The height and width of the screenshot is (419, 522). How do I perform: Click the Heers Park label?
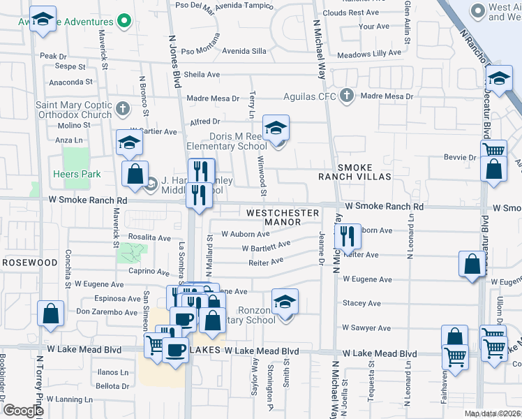[x=77, y=174]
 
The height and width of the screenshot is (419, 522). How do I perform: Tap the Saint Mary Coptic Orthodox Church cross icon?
[x=123, y=108]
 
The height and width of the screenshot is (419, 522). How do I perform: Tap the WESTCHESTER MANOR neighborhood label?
[x=282, y=217]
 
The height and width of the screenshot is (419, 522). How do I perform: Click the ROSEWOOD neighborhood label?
[x=29, y=263]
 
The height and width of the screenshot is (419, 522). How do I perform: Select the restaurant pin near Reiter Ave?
[x=348, y=237]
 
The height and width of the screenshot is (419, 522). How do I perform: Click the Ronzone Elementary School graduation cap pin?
[x=285, y=302]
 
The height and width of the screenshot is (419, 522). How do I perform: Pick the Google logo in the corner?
[x=23, y=411]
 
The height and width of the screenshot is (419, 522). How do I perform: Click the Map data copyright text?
[x=493, y=413]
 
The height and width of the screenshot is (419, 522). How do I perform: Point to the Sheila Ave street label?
[x=202, y=75]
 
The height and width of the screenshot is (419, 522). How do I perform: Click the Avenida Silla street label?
[x=244, y=51]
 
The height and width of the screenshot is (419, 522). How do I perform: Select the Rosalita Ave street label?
[x=149, y=237]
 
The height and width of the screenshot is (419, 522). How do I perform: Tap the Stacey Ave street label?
[x=361, y=304]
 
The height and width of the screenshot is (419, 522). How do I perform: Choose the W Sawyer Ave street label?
[x=366, y=328]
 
